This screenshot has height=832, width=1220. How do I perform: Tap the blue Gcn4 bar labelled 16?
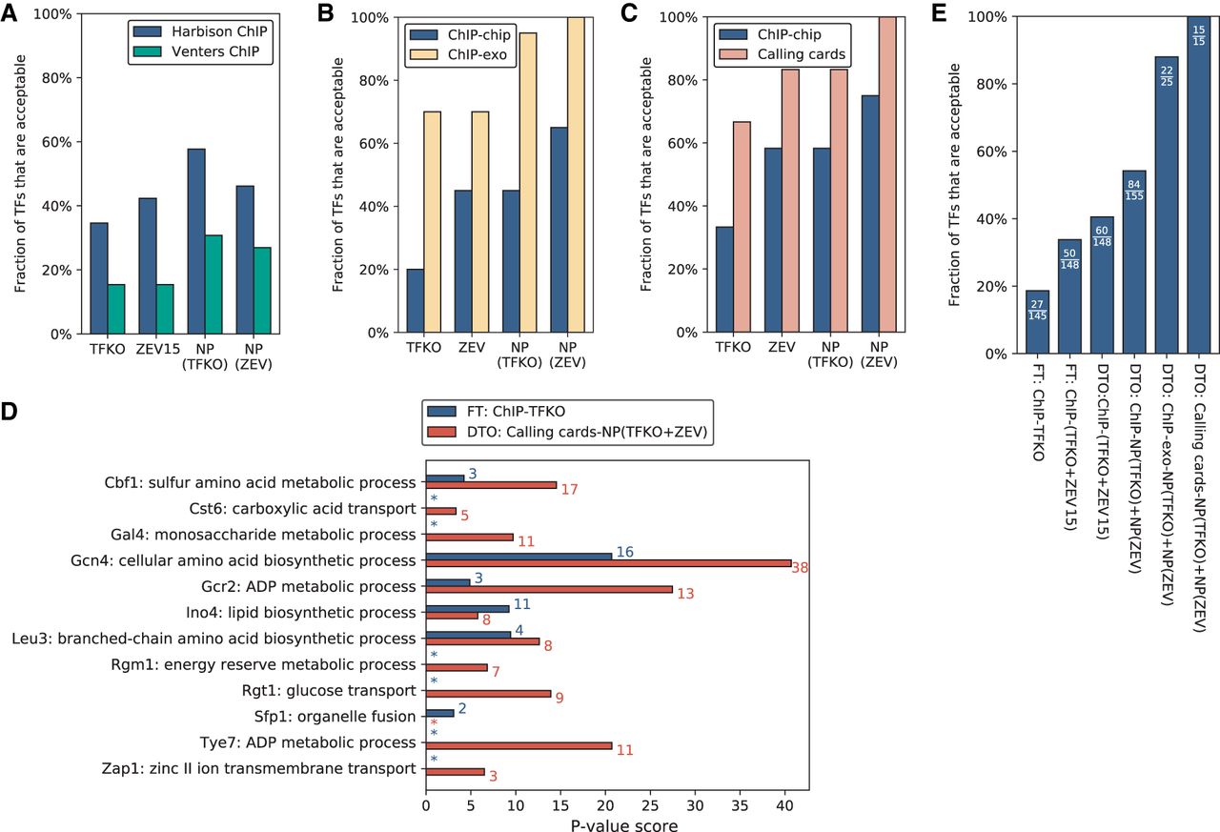518,555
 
